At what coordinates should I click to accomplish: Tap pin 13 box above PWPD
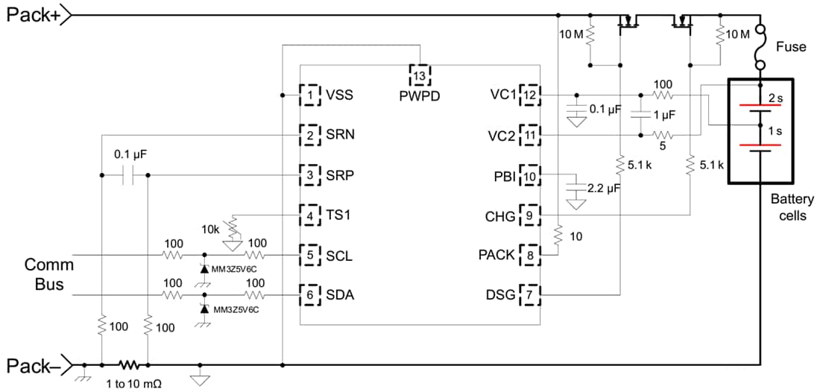(x=420, y=75)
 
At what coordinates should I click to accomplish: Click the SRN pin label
(x=340, y=136)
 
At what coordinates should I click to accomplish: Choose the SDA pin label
(x=340, y=295)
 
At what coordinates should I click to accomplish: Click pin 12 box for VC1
(x=529, y=95)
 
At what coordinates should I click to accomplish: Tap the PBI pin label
(x=502, y=176)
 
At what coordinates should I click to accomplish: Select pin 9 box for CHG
(x=529, y=216)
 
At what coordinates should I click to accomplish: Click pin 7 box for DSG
(x=529, y=295)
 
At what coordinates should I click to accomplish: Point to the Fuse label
(x=791, y=47)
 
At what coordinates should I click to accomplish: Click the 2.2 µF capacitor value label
(x=605, y=189)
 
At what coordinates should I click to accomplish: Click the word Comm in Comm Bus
(x=48, y=265)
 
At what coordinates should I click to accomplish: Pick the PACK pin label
(x=496, y=256)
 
